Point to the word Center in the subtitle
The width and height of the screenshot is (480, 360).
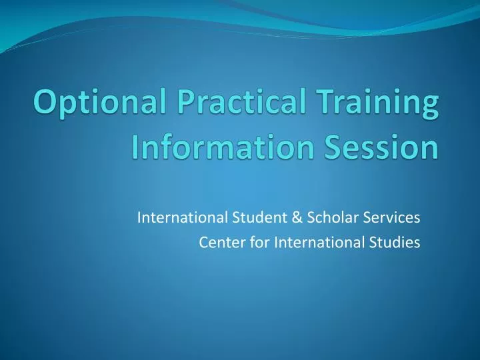[217, 243]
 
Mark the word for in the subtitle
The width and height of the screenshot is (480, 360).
[247, 243]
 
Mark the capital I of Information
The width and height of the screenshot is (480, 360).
[136, 147]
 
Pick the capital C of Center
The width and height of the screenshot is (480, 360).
[203, 243]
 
